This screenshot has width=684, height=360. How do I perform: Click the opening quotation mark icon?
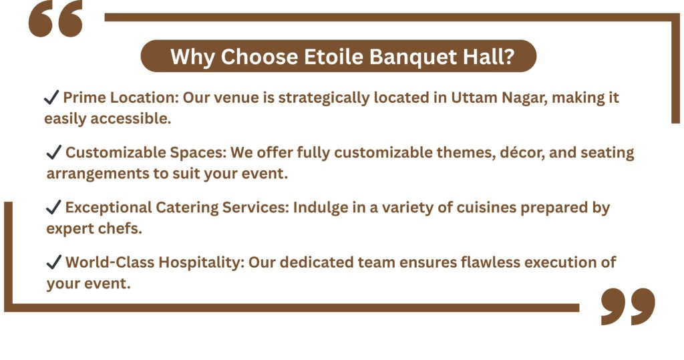tap(55, 18)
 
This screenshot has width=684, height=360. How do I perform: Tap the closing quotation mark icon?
tap(628, 306)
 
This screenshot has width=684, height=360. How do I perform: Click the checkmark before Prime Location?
tap(51, 98)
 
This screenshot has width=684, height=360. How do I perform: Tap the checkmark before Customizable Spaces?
tap(53, 152)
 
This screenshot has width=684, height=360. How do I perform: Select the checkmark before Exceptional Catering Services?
tap(53, 207)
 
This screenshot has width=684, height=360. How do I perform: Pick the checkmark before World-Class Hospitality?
tap(53, 262)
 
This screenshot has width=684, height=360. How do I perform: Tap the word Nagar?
tap(524, 98)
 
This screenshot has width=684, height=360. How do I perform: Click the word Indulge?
tap(321, 208)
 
